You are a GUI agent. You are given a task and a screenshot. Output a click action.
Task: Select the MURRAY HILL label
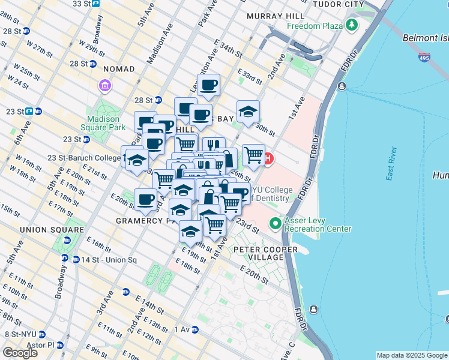(270, 12)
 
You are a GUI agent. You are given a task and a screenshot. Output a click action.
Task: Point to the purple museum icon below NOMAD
(106, 86)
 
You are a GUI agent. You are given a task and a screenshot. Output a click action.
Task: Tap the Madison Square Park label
(103, 123)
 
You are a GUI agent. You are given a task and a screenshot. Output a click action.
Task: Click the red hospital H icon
(268, 159)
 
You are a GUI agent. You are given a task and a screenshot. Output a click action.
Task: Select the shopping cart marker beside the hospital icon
(253, 155)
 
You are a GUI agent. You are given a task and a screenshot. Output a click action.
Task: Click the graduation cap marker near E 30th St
(248, 111)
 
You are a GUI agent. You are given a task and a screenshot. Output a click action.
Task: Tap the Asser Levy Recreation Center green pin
(276, 224)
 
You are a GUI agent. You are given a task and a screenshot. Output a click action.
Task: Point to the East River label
(392, 163)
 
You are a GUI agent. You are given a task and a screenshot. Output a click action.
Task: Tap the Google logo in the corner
(20, 353)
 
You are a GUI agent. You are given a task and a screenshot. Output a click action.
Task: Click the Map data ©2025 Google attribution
(411, 355)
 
